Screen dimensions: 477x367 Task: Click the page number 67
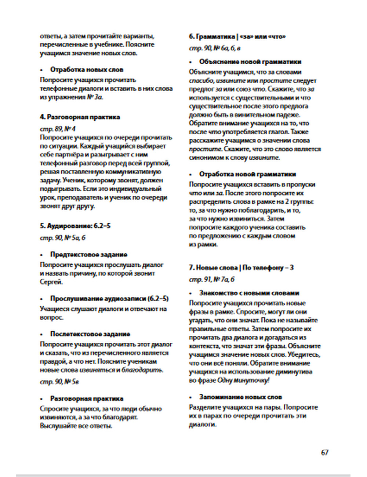pyautogui.click(x=324, y=452)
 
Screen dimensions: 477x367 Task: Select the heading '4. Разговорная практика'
pyautogui.click(x=80, y=117)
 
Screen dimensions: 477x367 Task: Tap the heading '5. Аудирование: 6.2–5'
pyautogui.click(x=75, y=226)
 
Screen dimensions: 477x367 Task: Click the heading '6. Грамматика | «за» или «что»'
pyautogui.click(x=237, y=37)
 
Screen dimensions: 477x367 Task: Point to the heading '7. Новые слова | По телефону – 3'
pyautogui.click(x=241, y=267)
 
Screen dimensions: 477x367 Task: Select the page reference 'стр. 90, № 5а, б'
pyautogui.click(x=62, y=238)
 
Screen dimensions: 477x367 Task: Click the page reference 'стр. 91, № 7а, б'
pyautogui.click(x=212, y=279)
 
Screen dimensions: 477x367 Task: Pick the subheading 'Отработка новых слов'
pyautogui.click(x=87, y=70)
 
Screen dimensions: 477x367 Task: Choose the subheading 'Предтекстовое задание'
pyautogui.click(x=89, y=254)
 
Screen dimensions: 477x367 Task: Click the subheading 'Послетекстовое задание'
pyautogui.click(x=90, y=334)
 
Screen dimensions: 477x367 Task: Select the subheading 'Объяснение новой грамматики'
pyautogui.click(x=250, y=62)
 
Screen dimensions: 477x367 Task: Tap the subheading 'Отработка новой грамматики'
pyautogui.click(x=248, y=174)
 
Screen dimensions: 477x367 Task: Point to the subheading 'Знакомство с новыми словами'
pyautogui.click(x=249, y=293)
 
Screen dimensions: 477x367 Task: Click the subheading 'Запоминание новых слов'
pyautogui.click(x=241, y=397)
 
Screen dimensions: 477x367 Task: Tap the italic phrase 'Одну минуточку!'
pyautogui.click(x=243, y=380)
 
